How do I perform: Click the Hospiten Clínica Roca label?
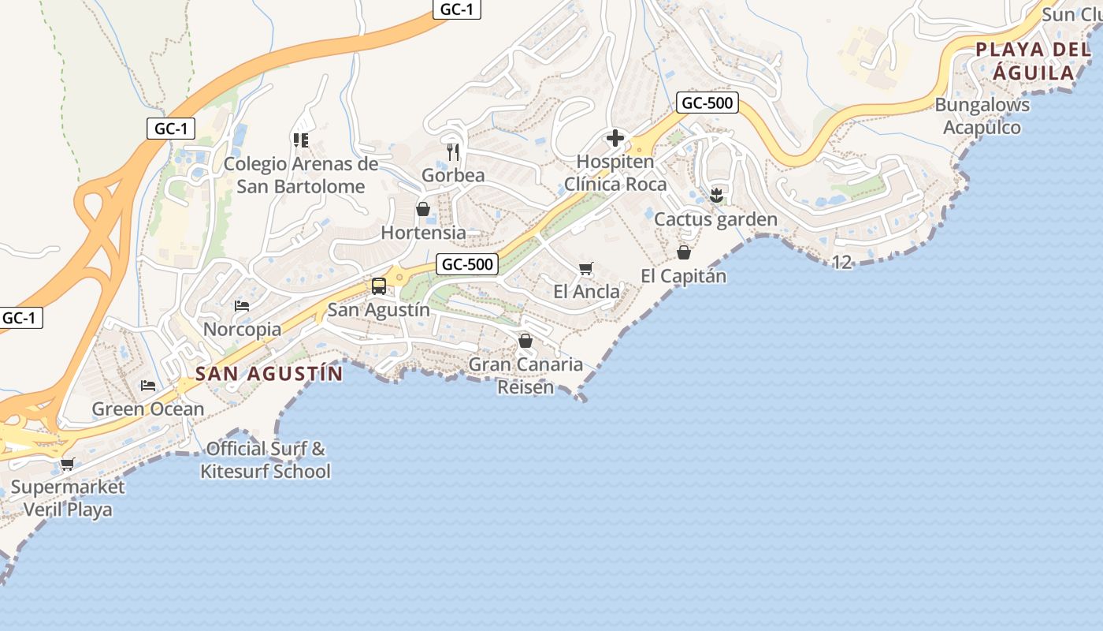(615, 173)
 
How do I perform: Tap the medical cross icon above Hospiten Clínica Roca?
(615, 139)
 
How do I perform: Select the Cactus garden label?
(715, 219)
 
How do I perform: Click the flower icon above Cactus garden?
(716, 194)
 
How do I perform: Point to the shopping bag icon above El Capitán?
(683, 252)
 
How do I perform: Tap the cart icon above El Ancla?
(585, 269)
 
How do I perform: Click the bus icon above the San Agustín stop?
(379, 286)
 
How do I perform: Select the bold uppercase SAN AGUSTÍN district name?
(269, 374)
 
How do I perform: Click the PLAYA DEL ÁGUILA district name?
(1033, 62)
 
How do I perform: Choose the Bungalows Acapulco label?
(982, 116)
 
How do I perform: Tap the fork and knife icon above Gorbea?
(453, 151)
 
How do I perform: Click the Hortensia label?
(423, 233)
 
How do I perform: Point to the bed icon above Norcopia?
(242, 305)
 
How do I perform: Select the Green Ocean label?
(148, 409)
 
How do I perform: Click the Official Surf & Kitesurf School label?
(266, 460)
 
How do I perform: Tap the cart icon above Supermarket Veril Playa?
(67, 464)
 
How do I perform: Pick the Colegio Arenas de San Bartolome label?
(301, 175)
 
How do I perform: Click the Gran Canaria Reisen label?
(526, 375)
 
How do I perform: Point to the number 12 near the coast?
(842, 262)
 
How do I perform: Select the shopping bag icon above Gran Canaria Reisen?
(525, 341)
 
